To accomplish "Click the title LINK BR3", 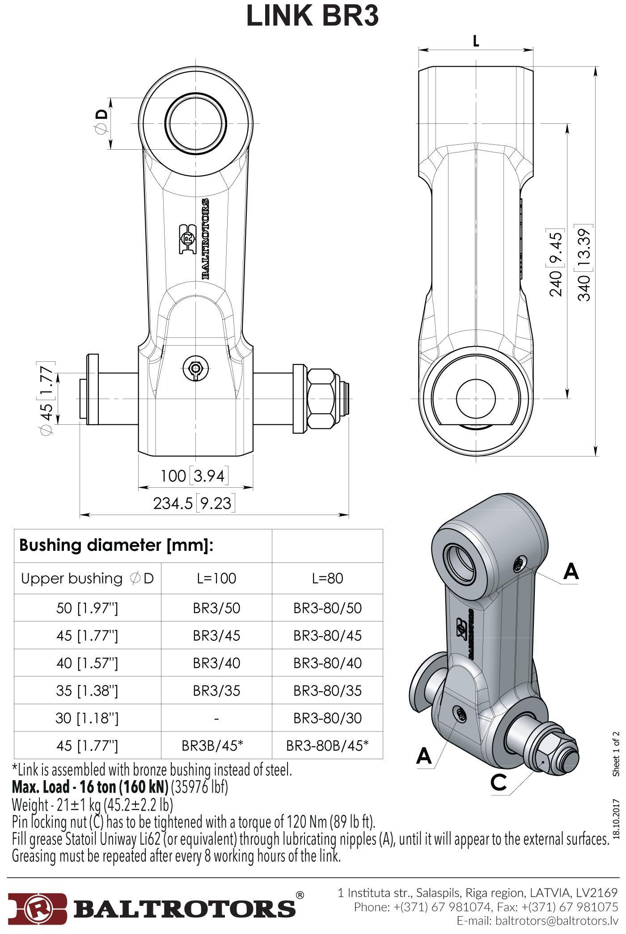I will click(313, 16).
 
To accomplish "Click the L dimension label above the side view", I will click(476, 42).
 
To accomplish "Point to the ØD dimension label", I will click(102, 122).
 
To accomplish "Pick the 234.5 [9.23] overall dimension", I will click(193, 503).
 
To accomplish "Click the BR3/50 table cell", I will click(216, 608).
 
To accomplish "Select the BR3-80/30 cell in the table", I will click(327, 718).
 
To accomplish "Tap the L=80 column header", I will click(327, 579).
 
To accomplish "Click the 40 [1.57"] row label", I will click(87, 663).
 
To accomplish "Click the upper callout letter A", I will click(571, 571).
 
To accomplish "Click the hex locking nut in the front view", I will click(322, 398).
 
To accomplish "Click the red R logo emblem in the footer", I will click(38, 907).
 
